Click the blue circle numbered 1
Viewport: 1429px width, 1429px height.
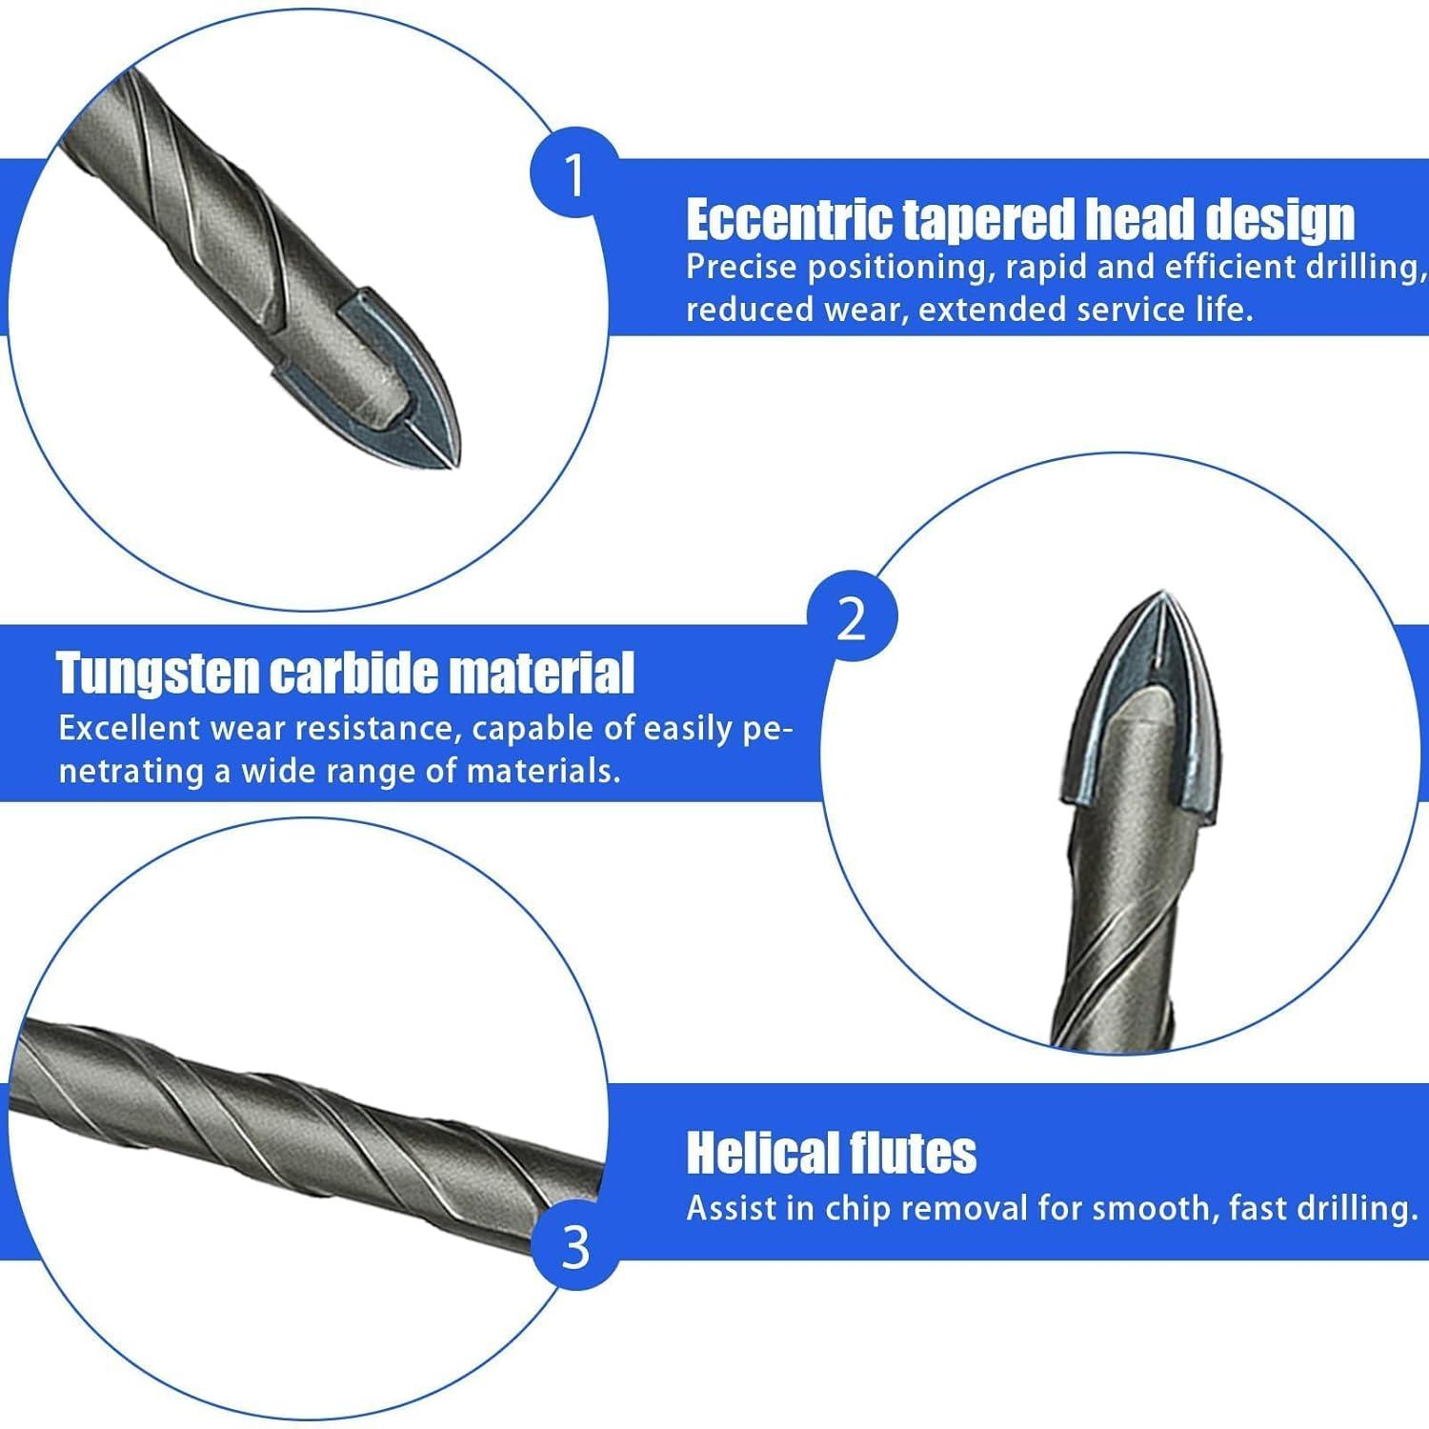[x=574, y=174]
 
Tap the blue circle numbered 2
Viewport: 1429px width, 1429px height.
[x=852, y=620]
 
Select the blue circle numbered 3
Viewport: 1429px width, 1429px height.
[x=575, y=1246]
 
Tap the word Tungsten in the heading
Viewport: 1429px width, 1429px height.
[x=157, y=674]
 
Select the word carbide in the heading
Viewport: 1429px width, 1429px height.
[x=354, y=673]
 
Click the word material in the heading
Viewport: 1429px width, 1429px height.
[x=541, y=673]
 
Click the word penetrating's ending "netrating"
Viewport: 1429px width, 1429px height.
[x=131, y=771]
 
